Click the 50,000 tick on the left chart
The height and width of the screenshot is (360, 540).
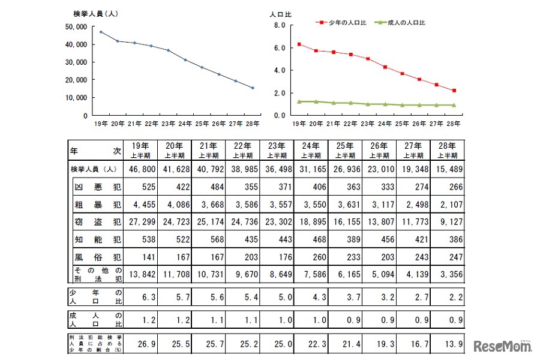point(77,27)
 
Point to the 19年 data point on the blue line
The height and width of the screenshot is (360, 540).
point(101,32)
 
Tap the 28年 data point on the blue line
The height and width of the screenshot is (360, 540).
point(252,88)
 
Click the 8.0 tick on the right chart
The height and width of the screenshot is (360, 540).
point(279,25)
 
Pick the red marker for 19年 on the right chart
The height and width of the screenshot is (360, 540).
point(299,44)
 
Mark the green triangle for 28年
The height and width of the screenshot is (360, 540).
point(453,105)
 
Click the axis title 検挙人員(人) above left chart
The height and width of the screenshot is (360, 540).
point(90,13)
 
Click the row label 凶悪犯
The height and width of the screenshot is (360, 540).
point(96,187)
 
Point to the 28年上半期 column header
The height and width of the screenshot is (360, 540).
point(447,149)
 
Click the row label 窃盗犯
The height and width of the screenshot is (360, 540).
point(96,223)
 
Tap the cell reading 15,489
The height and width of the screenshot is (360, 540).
point(447,169)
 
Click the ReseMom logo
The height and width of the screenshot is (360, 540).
point(502,346)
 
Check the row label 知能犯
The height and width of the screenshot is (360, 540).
point(96,240)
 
